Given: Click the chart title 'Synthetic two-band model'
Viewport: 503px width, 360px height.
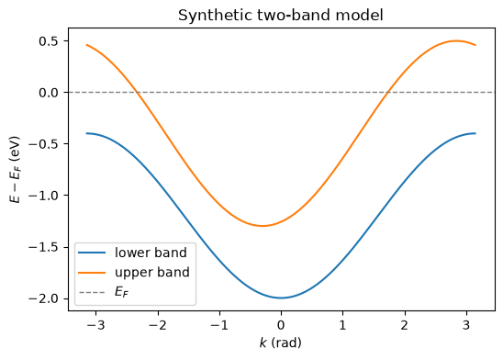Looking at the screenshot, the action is click(x=281, y=15).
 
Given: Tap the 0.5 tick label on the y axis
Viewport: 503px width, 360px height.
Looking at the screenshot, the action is click(x=49, y=41).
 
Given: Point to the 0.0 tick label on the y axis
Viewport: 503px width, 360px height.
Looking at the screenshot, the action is click(x=49, y=93).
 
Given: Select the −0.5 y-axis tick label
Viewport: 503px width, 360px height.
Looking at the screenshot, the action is click(x=44, y=144).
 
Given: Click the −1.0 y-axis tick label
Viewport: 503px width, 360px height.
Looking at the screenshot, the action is click(x=44, y=196).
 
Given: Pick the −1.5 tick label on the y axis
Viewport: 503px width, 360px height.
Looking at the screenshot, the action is click(x=44, y=247).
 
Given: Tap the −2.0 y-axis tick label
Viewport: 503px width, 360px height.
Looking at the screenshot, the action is click(x=44, y=298).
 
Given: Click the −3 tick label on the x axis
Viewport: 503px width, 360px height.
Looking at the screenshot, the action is click(x=95, y=325).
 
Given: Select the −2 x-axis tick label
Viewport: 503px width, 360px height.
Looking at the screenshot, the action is click(x=158, y=325).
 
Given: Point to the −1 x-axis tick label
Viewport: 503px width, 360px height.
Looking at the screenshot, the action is click(x=219, y=325).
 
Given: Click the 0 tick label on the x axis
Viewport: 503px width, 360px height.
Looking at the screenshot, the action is click(x=282, y=325).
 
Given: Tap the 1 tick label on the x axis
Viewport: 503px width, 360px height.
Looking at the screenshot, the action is click(x=343, y=325).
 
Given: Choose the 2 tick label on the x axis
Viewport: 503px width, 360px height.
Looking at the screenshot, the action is click(x=405, y=325).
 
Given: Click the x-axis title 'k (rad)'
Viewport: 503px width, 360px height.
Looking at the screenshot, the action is click(x=281, y=343).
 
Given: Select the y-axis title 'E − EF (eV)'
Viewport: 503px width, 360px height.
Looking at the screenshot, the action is click(x=15, y=169).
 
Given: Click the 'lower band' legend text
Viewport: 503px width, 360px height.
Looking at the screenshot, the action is click(x=151, y=253).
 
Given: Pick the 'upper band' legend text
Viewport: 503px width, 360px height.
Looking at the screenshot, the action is click(x=152, y=273).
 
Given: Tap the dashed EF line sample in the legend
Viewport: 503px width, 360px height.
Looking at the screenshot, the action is click(x=92, y=293).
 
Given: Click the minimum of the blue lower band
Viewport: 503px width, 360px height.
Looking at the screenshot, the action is click(x=282, y=298).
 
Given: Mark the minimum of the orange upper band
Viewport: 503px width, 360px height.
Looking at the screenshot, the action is click(x=263, y=226).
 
